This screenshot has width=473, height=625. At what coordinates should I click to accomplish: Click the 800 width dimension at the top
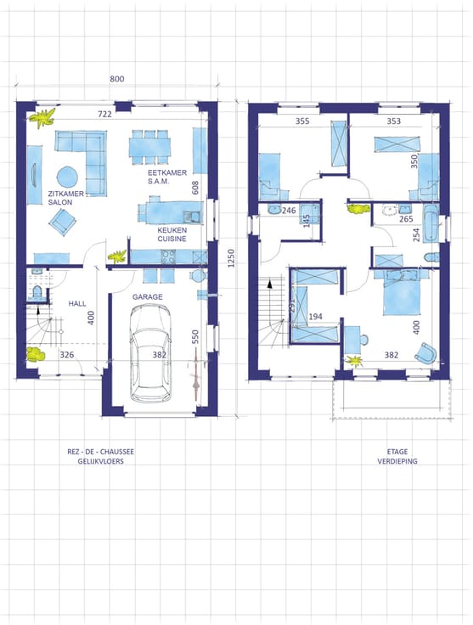pyautogui.click(x=116, y=78)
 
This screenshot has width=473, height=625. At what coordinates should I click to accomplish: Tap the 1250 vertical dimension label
pyautogui.click(x=231, y=258)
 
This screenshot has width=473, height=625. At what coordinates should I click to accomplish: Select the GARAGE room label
pyautogui.click(x=148, y=296)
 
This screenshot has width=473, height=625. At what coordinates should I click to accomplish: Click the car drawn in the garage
pyautogui.click(x=151, y=353)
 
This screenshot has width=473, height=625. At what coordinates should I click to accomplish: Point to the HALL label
pyautogui.click(x=77, y=303)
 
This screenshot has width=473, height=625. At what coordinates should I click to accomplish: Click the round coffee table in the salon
pyautogui.click(x=67, y=177)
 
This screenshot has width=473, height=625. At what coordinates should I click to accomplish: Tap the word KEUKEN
pyautogui.click(x=172, y=230)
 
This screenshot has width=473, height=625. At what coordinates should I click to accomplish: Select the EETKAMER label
pyautogui.click(x=167, y=172)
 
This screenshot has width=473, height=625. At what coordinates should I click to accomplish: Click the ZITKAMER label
pyautogui.click(x=65, y=194)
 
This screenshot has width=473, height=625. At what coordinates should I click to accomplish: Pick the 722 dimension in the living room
pyautogui.click(x=104, y=114)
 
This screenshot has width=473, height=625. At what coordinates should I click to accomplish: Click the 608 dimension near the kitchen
pyautogui.click(x=194, y=188)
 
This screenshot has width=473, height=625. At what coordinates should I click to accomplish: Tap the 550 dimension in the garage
pyautogui.click(x=194, y=337)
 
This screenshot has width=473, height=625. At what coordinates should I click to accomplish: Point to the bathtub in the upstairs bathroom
pyautogui.click(x=431, y=222)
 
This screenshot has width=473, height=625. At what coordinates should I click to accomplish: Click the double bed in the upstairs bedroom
pyautogui.click(x=402, y=292)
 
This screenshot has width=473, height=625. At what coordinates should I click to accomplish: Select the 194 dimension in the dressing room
pyautogui.click(x=315, y=317)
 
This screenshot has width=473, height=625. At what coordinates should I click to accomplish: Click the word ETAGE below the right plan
pyautogui.click(x=397, y=452)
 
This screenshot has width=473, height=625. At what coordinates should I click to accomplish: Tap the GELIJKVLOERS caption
pyautogui.click(x=101, y=461)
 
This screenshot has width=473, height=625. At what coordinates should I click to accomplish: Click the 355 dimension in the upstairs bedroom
pyautogui.click(x=302, y=121)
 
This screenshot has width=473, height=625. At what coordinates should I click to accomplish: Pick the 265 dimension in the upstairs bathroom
pyautogui.click(x=406, y=219)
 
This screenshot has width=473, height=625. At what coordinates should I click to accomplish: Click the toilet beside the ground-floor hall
pyautogui.click(x=37, y=292)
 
